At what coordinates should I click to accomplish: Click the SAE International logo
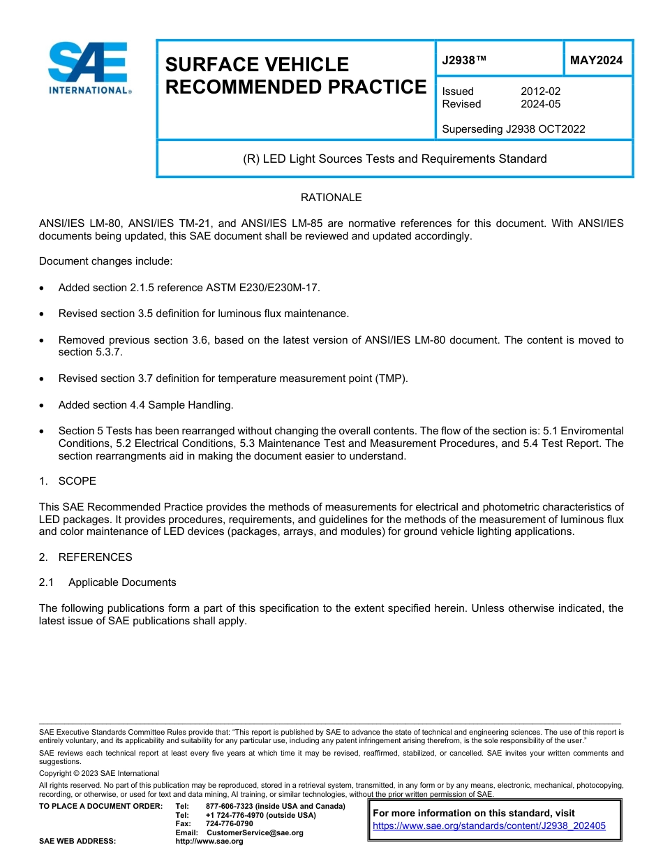89,68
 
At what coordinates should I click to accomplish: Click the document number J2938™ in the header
463,61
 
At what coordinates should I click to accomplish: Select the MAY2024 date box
596,61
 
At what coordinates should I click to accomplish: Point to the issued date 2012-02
540,91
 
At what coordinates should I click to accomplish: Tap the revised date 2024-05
540,104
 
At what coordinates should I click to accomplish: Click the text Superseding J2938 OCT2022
514,129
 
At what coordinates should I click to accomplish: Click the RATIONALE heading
331,198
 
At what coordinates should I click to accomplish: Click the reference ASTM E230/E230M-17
260,288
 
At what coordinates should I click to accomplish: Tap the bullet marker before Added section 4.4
44,405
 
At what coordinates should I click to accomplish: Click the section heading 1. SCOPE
68,481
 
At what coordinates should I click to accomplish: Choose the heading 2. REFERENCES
85,557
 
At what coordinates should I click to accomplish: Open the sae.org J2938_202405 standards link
489,825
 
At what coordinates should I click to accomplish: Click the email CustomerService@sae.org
255,832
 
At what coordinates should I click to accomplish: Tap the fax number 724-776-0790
229,823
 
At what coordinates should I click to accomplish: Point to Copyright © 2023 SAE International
99,773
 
